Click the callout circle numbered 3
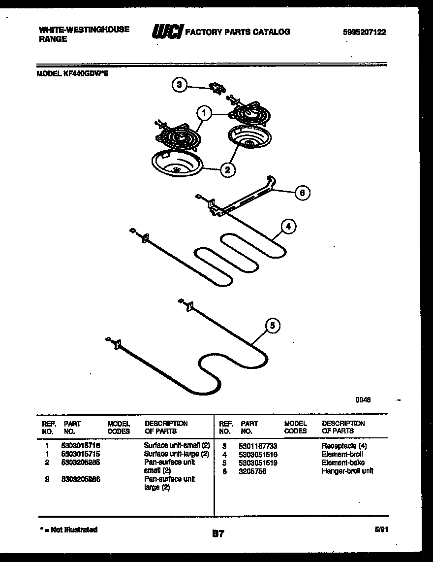tap(180, 85)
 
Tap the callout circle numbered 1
tap(204, 114)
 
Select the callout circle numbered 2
tap(227, 170)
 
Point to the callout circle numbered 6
tap(302, 193)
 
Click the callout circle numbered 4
tap(289, 227)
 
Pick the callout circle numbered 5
tap(273, 326)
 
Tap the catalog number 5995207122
tap(364, 33)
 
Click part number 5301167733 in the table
tap(258, 446)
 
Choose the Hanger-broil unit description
tap(347, 471)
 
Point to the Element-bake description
tap(343, 463)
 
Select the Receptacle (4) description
tap(344, 446)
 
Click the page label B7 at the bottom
tap(218, 533)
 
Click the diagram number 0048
tap(363, 400)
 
